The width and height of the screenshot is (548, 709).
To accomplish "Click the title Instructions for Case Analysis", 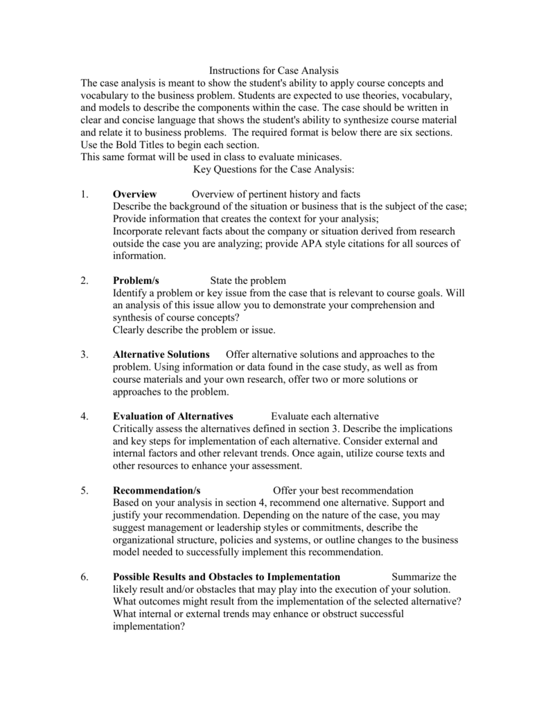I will coord(274,71).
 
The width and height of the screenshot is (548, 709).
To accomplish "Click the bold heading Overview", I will coord(134,194).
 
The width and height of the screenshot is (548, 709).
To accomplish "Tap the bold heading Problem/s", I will coord(136,280).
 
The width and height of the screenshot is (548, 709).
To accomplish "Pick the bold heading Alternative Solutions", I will coord(161,354).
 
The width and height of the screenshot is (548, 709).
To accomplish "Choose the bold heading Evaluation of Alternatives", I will coord(173,416).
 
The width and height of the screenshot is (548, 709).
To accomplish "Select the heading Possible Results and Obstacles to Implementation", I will coord(227,576).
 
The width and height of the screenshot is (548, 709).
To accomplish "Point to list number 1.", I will coord(84,194).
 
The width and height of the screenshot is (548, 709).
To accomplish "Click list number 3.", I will coord(84,354).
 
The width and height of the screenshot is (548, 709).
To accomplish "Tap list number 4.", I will coord(84,416).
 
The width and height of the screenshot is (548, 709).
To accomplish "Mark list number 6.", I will coord(84,576).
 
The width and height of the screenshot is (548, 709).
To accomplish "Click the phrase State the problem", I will coord(248,280).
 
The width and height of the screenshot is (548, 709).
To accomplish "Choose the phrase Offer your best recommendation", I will coord(343,490).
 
